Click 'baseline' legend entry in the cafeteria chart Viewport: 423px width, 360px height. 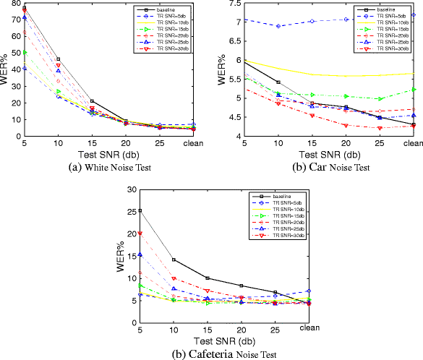click(284, 197)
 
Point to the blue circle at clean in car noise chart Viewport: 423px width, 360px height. click(413, 14)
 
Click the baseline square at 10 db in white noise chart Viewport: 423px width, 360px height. click(59, 59)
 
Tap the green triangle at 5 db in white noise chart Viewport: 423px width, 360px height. click(25, 52)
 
